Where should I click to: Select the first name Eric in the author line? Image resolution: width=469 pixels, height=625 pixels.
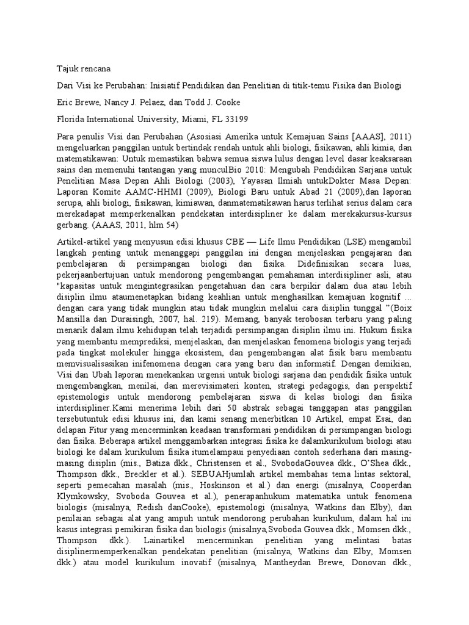pos(65,102)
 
